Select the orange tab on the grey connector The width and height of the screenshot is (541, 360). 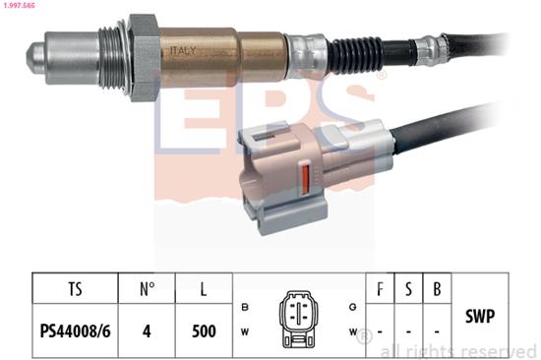(305, 182)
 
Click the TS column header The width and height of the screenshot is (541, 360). (75, 291)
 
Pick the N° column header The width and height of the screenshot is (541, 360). (146, 291)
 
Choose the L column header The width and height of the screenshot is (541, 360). (204, 291)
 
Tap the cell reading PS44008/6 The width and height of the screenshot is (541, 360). (75, 330)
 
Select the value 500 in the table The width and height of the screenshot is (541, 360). (204, 330)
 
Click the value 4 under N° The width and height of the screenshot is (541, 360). (146, 330)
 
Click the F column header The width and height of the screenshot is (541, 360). (380, 291)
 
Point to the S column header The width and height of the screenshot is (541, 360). (407, 291)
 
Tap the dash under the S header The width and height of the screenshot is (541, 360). (407, 330)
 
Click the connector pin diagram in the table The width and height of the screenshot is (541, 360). (298, 318)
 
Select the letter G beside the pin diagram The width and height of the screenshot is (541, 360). (352, 307)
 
